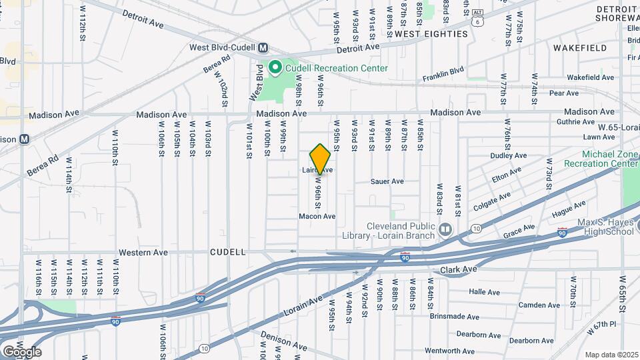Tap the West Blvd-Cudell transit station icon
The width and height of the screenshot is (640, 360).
tap(263, 47)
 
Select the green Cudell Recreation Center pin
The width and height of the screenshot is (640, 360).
tap(275, 67)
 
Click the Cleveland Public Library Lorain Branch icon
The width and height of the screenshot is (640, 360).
tap(445, 229)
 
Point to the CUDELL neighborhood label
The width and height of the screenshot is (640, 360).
tap(228, 253)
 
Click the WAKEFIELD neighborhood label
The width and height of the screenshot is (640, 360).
tap(580, 48)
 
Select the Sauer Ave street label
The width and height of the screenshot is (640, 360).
tap(387, 181)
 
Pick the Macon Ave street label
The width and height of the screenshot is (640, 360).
tap(317, 217)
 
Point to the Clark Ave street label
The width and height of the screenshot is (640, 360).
tap(459, 269)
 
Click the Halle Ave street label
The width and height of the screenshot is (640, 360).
tap(484, 292)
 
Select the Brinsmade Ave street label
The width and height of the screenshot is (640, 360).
tap(454, 317)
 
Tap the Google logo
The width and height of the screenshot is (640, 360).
tap(22, 351)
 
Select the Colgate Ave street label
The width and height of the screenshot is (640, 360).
tap(492, 199)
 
